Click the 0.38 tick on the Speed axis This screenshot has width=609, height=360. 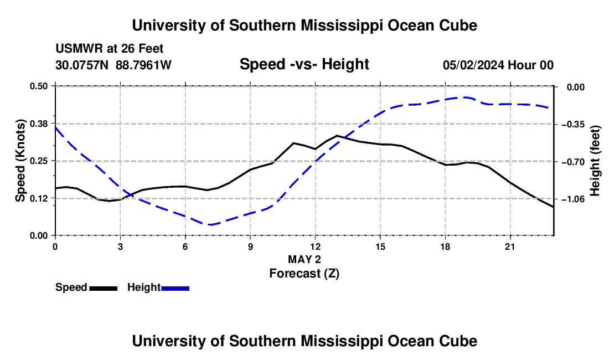coord(38,124)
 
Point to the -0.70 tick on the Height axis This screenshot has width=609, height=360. coord(573,162)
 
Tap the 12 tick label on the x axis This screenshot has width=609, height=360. coord(316,246)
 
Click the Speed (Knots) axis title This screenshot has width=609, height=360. coord(20,161)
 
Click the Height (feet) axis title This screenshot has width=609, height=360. coord(595,161)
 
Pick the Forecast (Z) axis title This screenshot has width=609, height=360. coord(304,274)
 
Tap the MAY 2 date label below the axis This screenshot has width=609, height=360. coord(304,259)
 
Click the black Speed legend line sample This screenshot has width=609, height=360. coord(104,288)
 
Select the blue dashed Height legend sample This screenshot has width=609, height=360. coord(175,288)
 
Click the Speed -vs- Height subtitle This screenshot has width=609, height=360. coord(304,64)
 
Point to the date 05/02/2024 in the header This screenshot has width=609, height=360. coord(473,65)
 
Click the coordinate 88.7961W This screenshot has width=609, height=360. coord(143,65)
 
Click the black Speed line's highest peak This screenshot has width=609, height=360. coord(337,136)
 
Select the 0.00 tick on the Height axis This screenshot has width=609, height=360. coord(576,87)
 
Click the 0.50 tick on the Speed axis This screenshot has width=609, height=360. coord(38,86)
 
